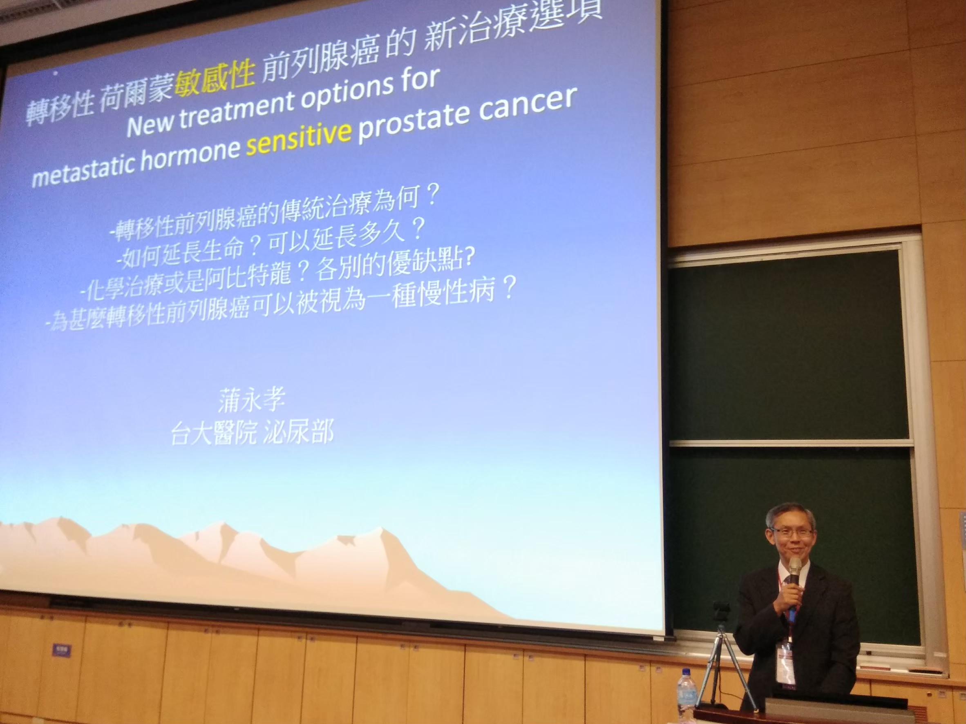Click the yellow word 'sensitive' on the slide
click(x=299, y=140)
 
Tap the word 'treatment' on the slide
click(x=237, y=109)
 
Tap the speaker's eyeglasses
click(x=792, y=533)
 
